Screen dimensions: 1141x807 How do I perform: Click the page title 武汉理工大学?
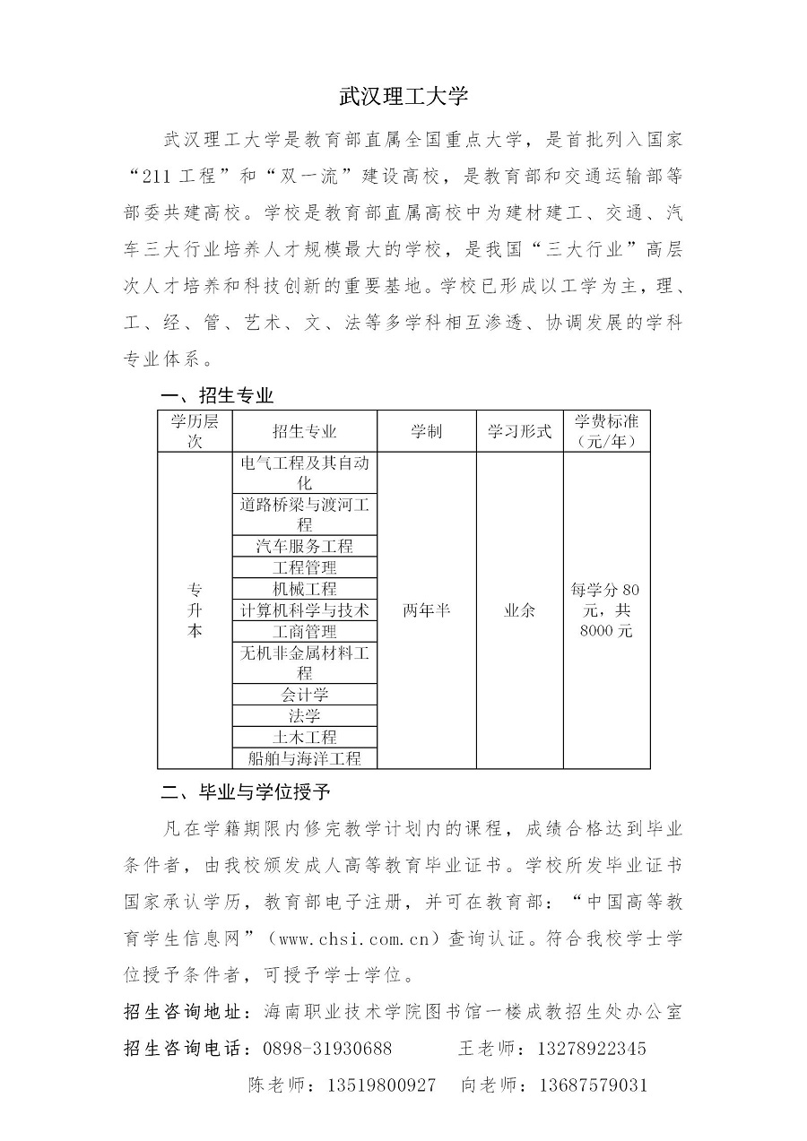(403, 96)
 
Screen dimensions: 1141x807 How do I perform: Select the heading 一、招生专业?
(216, 395)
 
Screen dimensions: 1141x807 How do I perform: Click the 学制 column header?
(426, 431)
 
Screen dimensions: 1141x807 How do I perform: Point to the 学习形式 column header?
(519, 431)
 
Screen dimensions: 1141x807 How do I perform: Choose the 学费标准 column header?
(606, 431)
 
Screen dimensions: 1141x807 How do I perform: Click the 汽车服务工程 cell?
(305, 546)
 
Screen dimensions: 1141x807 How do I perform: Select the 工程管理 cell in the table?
(305, 567)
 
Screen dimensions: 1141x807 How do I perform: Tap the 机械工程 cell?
(305, 589)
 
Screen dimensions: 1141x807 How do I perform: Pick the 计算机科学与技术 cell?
(305, 610)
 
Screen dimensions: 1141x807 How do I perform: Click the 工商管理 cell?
(305, 632)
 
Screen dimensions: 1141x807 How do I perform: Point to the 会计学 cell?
(305, 695)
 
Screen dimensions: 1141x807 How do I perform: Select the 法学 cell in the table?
(305, 716)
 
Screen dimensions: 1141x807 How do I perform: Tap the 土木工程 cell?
(305, 737)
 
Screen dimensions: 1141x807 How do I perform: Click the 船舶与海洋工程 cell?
(305, 758)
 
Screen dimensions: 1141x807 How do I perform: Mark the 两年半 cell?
(426, 610)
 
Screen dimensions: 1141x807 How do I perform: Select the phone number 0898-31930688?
(327, 1049)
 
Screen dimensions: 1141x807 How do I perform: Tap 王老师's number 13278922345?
(592, 1049)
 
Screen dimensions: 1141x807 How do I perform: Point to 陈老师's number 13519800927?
(382, 1085)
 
